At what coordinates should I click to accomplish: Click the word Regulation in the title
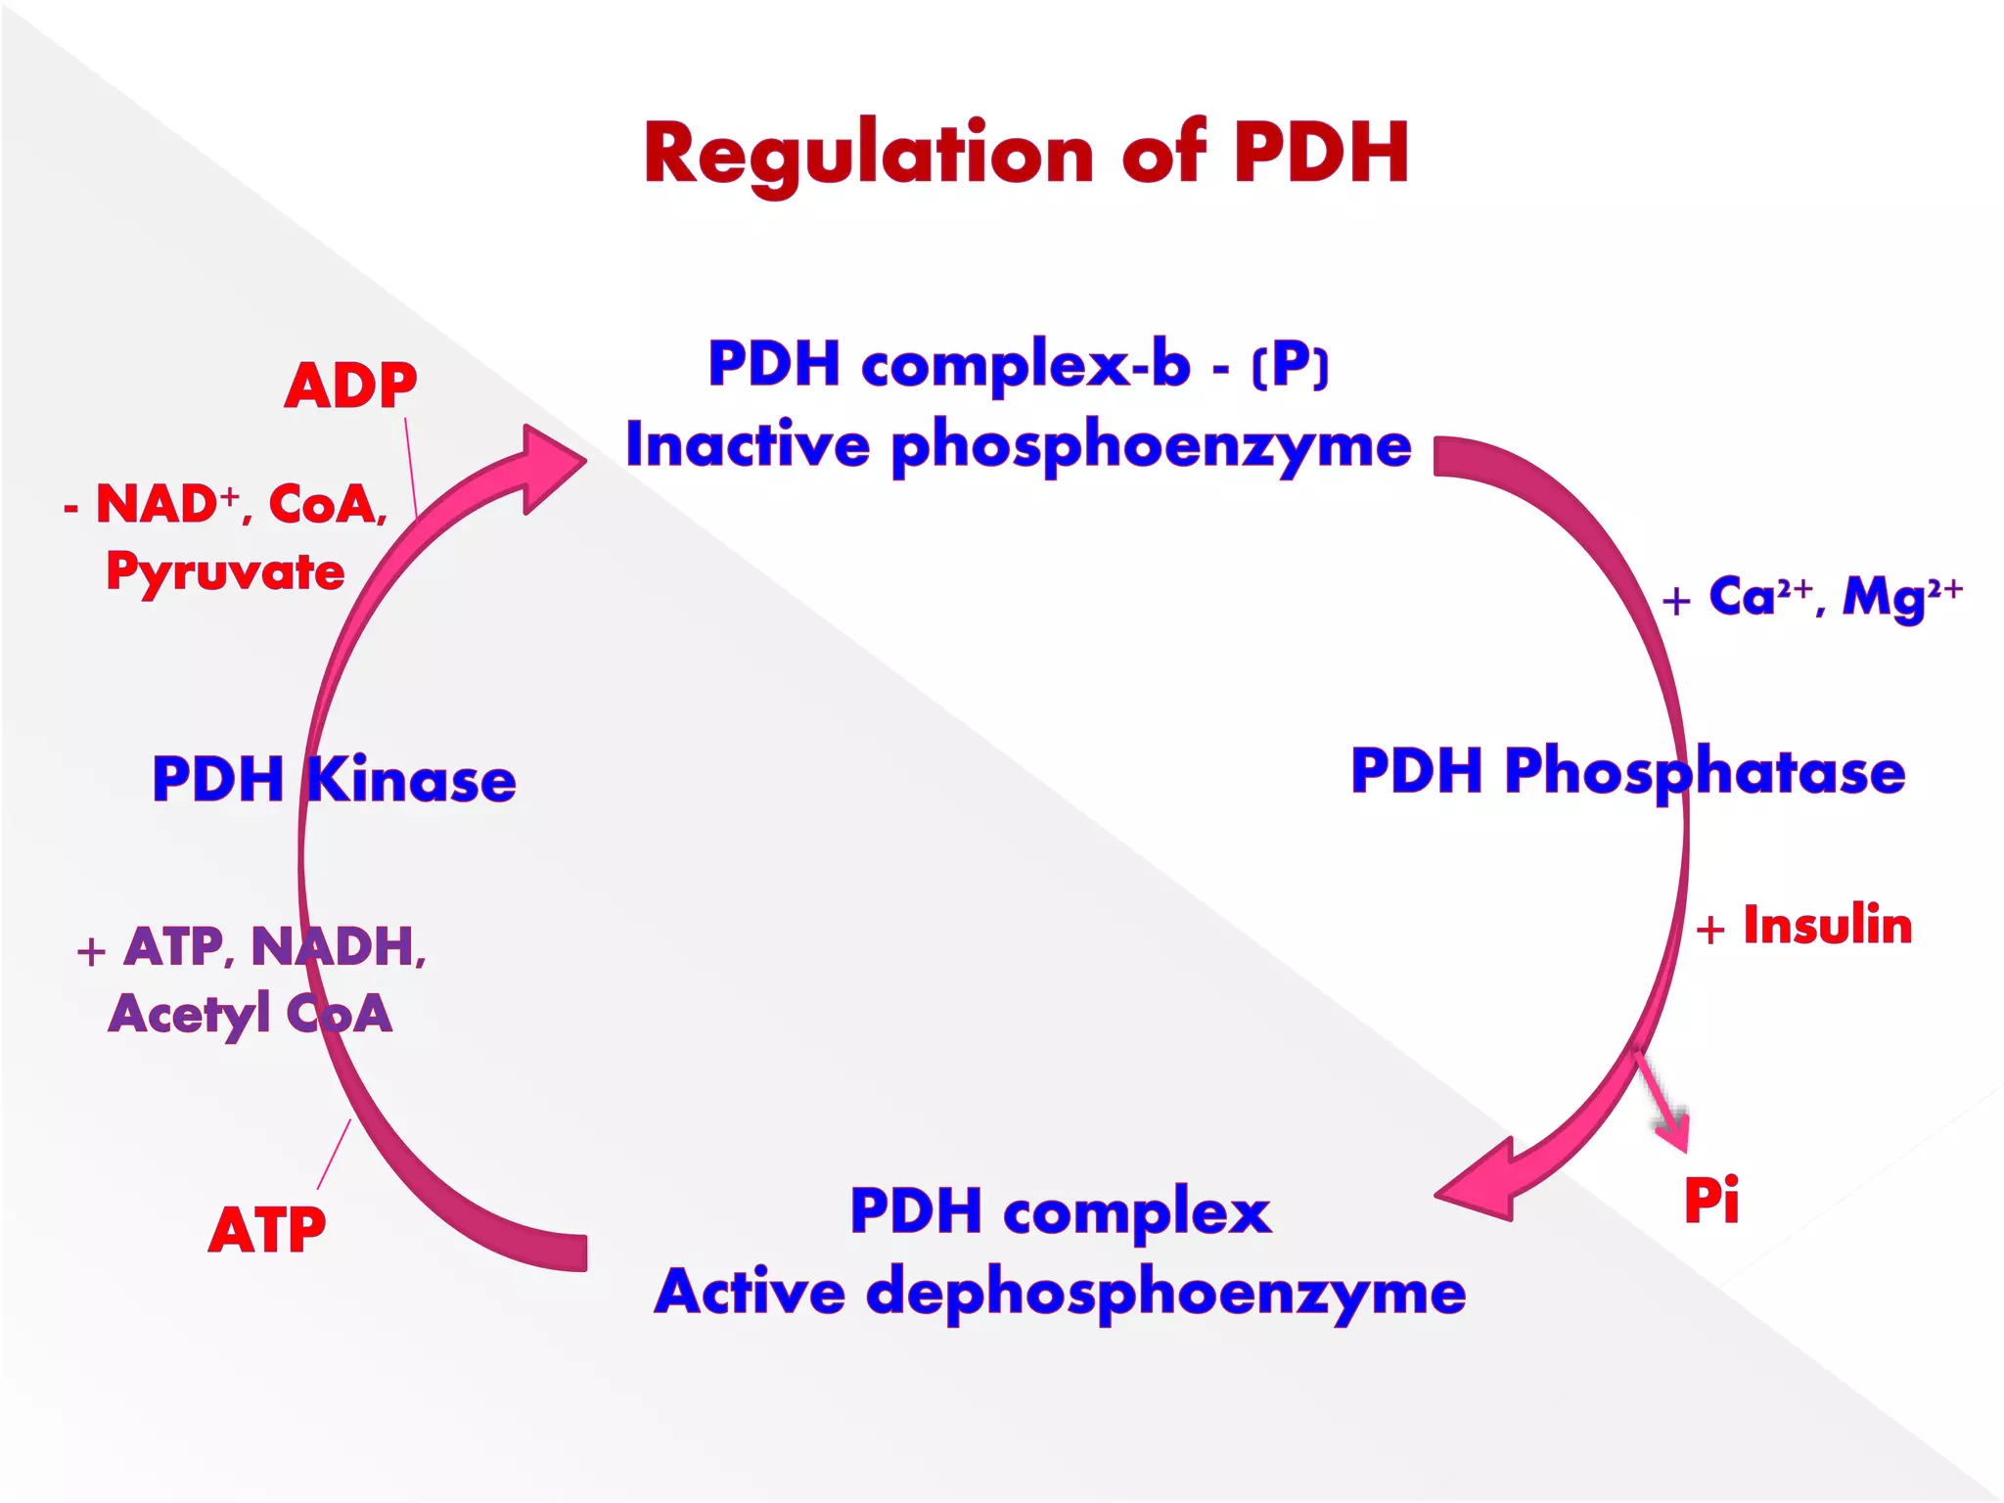866,155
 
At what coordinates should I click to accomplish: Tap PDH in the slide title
1321,153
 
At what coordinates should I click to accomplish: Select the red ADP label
350,386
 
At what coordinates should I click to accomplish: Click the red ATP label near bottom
266,1230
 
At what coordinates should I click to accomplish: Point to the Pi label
1710,1200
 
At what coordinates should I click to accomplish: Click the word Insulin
1827,926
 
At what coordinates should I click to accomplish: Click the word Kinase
411,780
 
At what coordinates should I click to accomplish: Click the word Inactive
748,444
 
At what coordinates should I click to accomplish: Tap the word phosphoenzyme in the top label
1151,446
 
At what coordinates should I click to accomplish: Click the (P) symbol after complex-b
1291,366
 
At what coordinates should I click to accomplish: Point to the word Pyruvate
225,571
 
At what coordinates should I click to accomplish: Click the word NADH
338,946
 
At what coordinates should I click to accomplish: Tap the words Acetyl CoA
250,1014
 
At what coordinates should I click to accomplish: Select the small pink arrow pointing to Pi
1663,1101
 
